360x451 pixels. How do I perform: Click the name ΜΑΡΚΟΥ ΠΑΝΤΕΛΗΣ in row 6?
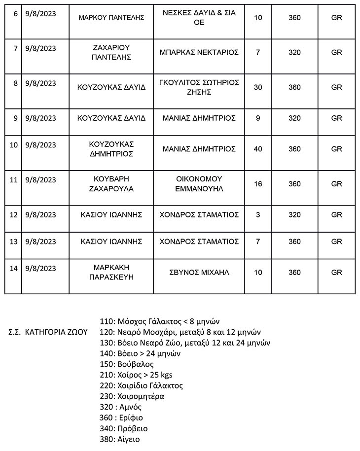pos(111,17)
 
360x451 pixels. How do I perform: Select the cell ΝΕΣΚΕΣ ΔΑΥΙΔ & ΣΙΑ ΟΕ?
pos(199,17)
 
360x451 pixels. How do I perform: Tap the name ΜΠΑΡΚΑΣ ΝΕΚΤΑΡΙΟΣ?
pos(199,52)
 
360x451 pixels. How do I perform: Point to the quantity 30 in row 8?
pos(257,87)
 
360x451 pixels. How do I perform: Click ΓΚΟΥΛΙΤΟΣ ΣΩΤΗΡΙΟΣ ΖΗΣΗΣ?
pos(199,87)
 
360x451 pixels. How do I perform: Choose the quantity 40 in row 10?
pos(257,149)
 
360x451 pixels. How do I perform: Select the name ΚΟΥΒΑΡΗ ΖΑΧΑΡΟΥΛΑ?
pos(111,183)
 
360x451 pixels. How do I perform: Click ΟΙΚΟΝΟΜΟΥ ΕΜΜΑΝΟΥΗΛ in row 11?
pos(199,183)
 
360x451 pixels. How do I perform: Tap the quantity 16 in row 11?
pos(257,184)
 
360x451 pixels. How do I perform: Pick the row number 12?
pos(14,214)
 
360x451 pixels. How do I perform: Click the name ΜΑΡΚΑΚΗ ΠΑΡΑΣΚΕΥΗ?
pos(111,272)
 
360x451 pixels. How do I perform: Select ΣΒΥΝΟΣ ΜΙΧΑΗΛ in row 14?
pos(199,272)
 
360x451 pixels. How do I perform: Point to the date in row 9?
pos(40,118)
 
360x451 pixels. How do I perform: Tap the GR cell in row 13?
pos(337,242)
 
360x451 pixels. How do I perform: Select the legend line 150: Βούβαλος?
pos(126,364)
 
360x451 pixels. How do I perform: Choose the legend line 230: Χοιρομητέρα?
pos(132,396)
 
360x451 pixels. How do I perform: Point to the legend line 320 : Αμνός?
pos(121,407)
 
